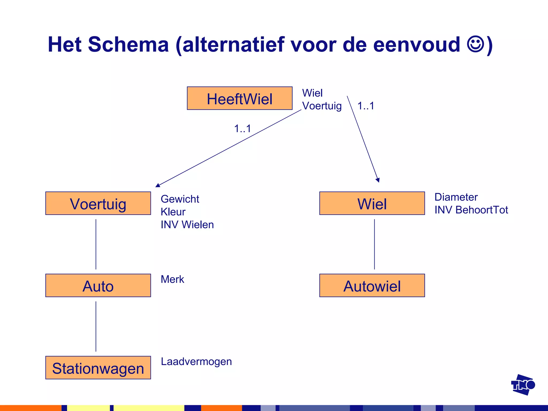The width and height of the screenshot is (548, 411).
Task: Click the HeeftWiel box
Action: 239,98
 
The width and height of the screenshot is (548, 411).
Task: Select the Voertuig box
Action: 98,203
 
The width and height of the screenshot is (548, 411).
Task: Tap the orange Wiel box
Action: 372,203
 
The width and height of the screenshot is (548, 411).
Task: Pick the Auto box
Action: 98,286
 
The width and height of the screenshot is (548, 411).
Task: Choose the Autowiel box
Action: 372,286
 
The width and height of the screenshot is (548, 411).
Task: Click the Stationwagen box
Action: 98,368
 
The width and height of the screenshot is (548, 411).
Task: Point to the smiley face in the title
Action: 475,44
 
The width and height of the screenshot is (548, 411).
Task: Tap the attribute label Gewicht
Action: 180,199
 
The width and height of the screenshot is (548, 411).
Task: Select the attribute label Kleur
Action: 173,212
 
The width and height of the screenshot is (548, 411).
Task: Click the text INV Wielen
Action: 187,225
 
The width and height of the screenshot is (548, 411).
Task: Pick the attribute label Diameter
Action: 456,197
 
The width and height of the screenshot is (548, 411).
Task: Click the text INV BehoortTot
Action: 471,210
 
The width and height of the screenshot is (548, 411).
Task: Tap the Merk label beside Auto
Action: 172,279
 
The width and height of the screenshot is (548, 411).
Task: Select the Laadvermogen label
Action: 196,361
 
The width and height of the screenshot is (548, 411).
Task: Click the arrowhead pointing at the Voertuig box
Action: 158,185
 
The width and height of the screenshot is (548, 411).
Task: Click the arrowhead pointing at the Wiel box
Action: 378,180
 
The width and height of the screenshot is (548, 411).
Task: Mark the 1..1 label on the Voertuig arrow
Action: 242,129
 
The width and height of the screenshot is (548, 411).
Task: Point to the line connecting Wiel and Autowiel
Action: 374,244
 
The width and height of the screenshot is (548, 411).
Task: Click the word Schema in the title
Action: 128,44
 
